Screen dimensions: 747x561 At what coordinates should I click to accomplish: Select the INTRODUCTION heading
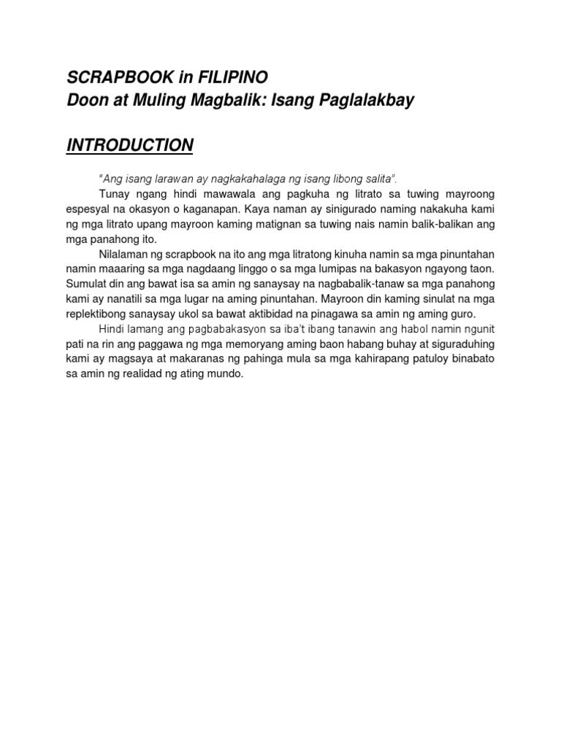coord(130,145)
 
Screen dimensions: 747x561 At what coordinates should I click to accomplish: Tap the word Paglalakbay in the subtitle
coord(363,101)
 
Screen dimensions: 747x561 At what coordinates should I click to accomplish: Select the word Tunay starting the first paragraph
coord(112,193)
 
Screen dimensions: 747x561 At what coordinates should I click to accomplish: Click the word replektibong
coord(98,314)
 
